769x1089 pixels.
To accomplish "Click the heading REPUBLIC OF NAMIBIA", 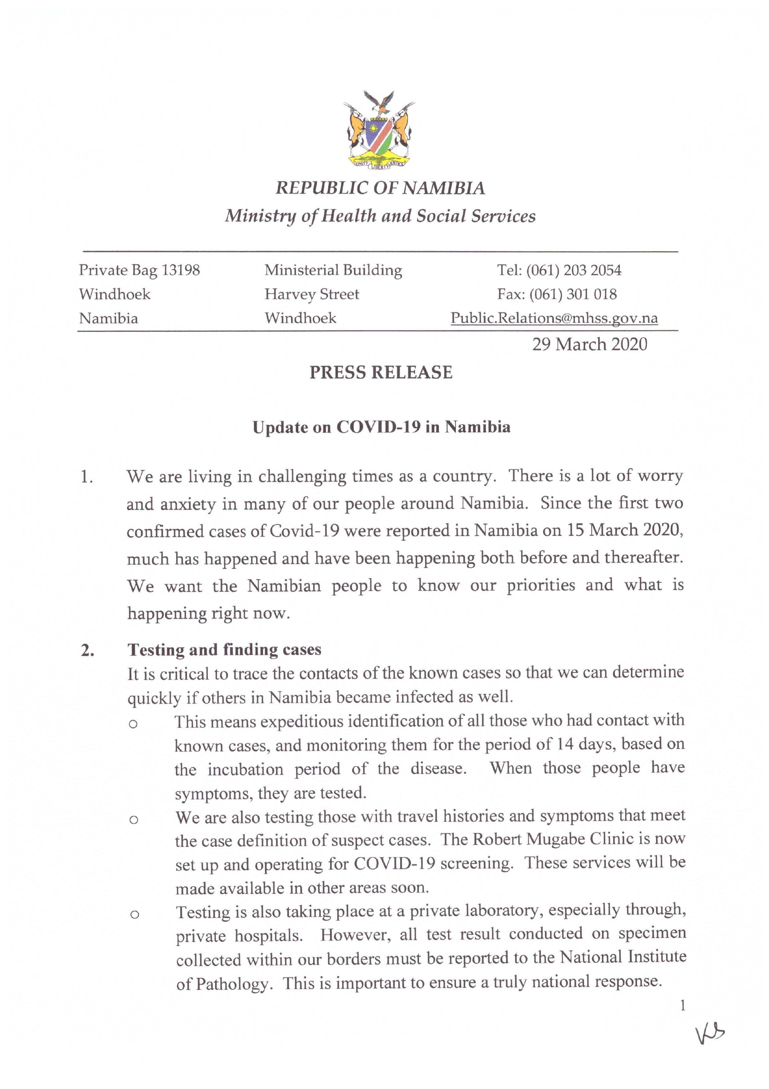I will coord(380,188).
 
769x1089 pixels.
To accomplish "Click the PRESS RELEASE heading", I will coord(381,372).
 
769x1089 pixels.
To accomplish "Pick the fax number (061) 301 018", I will coord(573,294).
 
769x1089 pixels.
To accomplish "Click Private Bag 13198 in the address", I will coord(139,270).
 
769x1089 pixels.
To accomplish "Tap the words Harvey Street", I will coord(312,294).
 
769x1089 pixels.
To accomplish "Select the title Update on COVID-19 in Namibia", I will coord(381,427).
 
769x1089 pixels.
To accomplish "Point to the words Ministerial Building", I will coord(333,270).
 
